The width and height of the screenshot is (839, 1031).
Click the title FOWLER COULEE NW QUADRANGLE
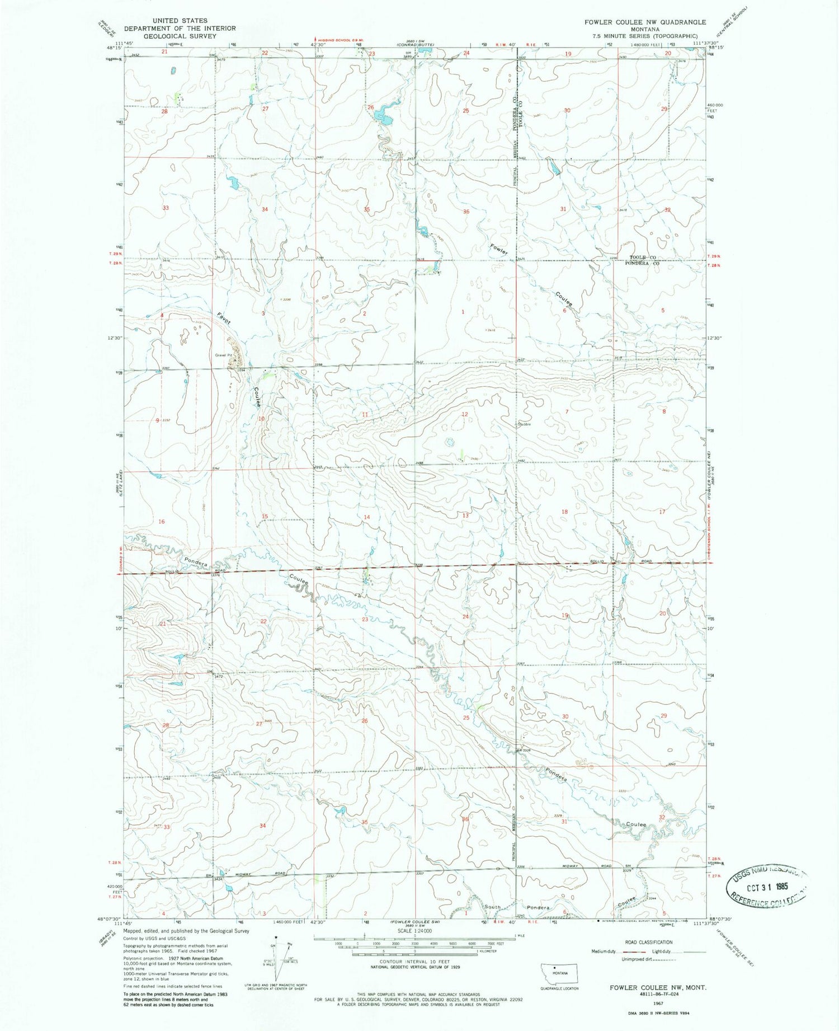click(x=645, y=22)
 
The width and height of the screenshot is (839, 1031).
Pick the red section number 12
click(x=464, y=414)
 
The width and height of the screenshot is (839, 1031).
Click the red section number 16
click(x=162, y=522)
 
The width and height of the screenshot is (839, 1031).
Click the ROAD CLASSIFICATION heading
click(x=648, y=942)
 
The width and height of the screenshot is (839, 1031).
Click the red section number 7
click(x=567, y=411)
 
